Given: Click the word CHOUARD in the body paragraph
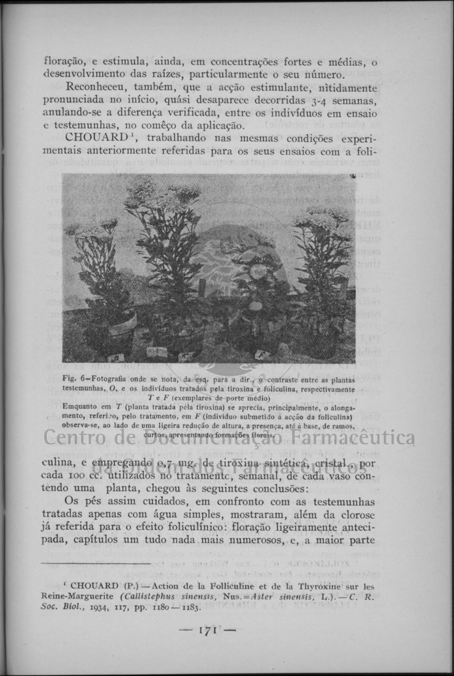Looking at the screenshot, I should (x=95, y=138).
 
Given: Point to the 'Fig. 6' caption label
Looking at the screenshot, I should (x=75, y=378).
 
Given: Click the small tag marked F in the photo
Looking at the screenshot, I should (x=263, y=354).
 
